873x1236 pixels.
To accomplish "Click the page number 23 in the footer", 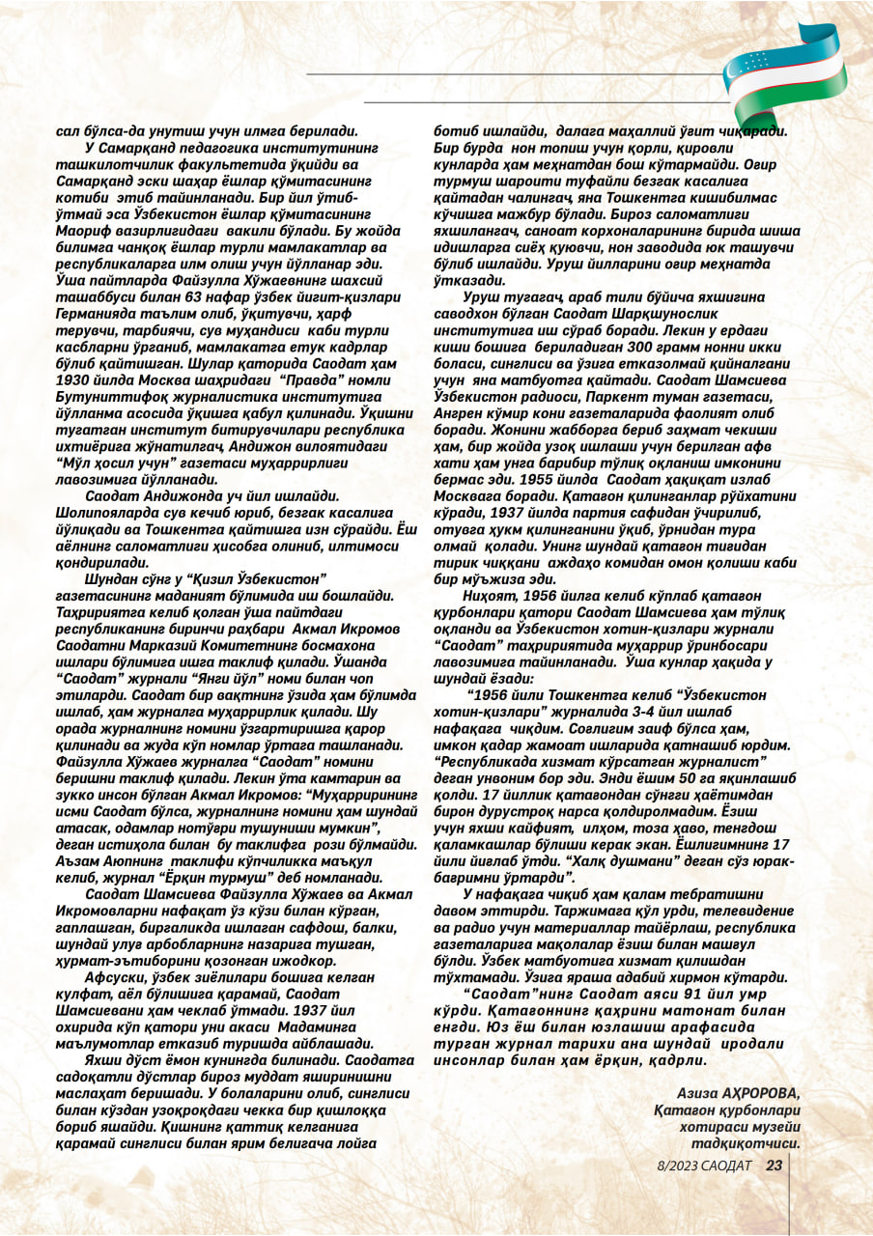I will pos(774,1165).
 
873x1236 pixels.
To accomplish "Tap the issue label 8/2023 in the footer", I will pos(672,1165).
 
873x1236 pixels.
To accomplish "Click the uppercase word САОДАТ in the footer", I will pos(727,1165).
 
